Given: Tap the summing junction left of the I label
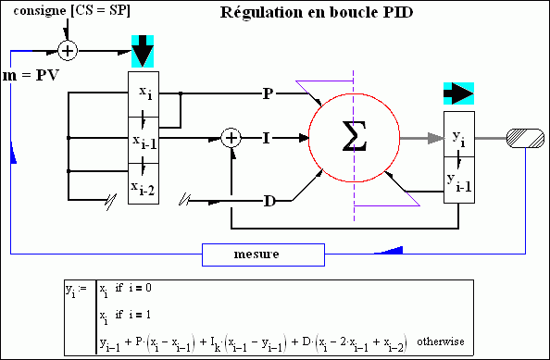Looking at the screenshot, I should [x=232, y=138].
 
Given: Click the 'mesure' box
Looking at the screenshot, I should [x=263, y=252].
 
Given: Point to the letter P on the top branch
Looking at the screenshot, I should [x=268, y=93].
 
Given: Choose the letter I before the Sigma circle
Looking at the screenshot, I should [x=266, y=138].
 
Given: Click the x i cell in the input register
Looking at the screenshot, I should [x=144, y=95].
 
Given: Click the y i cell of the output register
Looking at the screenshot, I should [x=459, y=137].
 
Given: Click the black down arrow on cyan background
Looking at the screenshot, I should [x=144, y=51].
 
